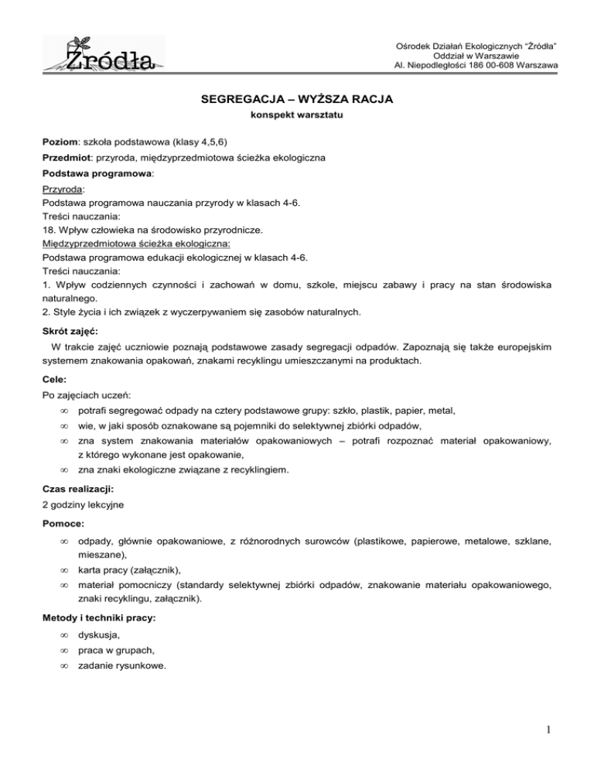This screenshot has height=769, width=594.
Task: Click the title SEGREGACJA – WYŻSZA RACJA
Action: tap(297, 101)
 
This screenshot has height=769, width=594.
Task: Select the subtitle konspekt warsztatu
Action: tap(297, 117)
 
